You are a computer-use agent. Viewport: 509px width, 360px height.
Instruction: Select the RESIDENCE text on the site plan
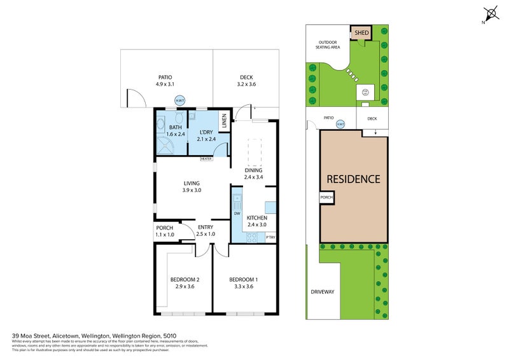(353, 179)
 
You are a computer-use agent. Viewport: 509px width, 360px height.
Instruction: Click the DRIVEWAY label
(322, 292)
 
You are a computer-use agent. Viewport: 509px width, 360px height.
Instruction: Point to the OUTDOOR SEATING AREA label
(329, 46)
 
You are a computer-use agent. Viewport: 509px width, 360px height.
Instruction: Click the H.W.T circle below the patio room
(179, 100)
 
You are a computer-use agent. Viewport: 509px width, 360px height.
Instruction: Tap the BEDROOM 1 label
(244, 279)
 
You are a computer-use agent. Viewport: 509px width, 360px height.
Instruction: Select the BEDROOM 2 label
(185, 279)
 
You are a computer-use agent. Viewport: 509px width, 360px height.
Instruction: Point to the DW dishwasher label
(237, 214)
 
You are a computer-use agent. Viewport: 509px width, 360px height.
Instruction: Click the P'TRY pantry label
(270, 237)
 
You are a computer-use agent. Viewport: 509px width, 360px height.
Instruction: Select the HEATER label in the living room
(206, 159)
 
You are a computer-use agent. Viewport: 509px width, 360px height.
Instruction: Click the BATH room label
(175, 127)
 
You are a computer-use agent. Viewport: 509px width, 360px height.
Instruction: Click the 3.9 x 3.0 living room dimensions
(192, 190)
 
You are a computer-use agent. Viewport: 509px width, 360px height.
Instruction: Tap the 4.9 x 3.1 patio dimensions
(165, 84)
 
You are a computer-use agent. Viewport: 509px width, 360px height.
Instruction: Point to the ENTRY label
(205, 227)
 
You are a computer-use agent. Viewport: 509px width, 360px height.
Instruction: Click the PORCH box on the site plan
(326, 197)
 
